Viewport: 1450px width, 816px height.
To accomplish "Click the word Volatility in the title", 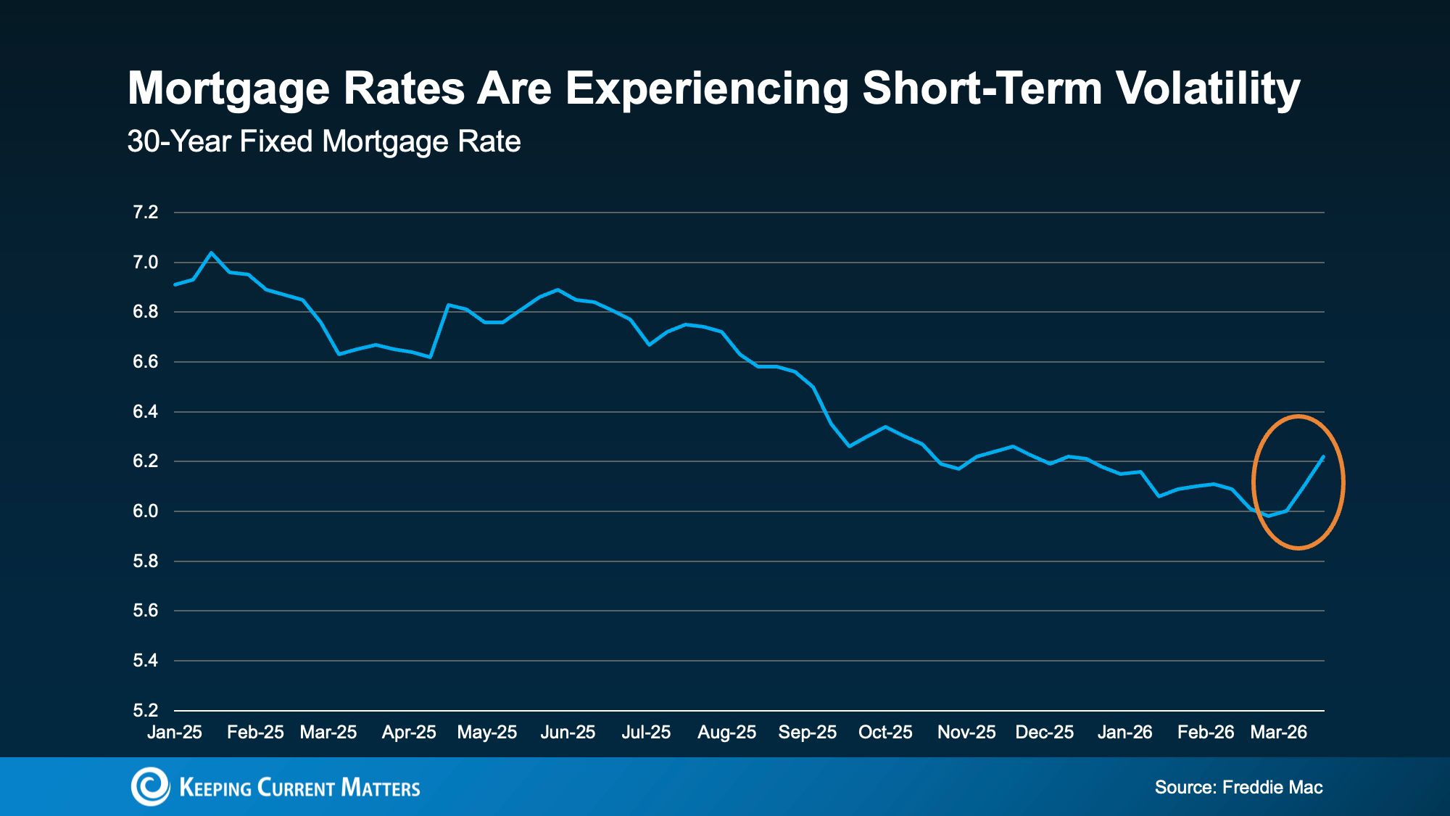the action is point(1207,89).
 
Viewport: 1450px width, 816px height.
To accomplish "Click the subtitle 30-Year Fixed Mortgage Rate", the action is point(324,141).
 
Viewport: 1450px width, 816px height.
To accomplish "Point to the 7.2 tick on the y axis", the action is point(145,213).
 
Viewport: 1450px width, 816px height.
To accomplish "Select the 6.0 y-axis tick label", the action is point(145,511).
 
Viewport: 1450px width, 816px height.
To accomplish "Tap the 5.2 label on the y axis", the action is point(145,710).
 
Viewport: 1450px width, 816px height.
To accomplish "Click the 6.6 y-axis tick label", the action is point(145,362).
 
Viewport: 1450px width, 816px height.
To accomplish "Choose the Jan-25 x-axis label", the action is point(175,733).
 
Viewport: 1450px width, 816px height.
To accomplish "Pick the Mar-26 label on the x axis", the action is point(1279,733).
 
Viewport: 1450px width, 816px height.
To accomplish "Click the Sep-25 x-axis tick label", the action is point(808,733).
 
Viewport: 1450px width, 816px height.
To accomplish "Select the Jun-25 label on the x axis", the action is point(568,733).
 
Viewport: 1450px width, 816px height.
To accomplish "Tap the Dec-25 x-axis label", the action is point(1045,733).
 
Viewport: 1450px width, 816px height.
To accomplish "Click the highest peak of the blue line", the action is point(211,252).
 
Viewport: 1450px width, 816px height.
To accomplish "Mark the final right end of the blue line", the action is point(1324,457).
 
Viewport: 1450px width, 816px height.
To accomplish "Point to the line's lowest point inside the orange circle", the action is point(1268,516).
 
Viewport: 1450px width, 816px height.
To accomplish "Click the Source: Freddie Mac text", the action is point(1238,788).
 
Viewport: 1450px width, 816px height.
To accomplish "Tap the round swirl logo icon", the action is point(150,786).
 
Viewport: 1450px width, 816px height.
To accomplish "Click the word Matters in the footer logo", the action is point(381,788).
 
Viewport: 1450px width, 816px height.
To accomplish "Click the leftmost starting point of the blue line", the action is point(175,284).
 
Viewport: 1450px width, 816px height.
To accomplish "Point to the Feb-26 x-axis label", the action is point(1206,733).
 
